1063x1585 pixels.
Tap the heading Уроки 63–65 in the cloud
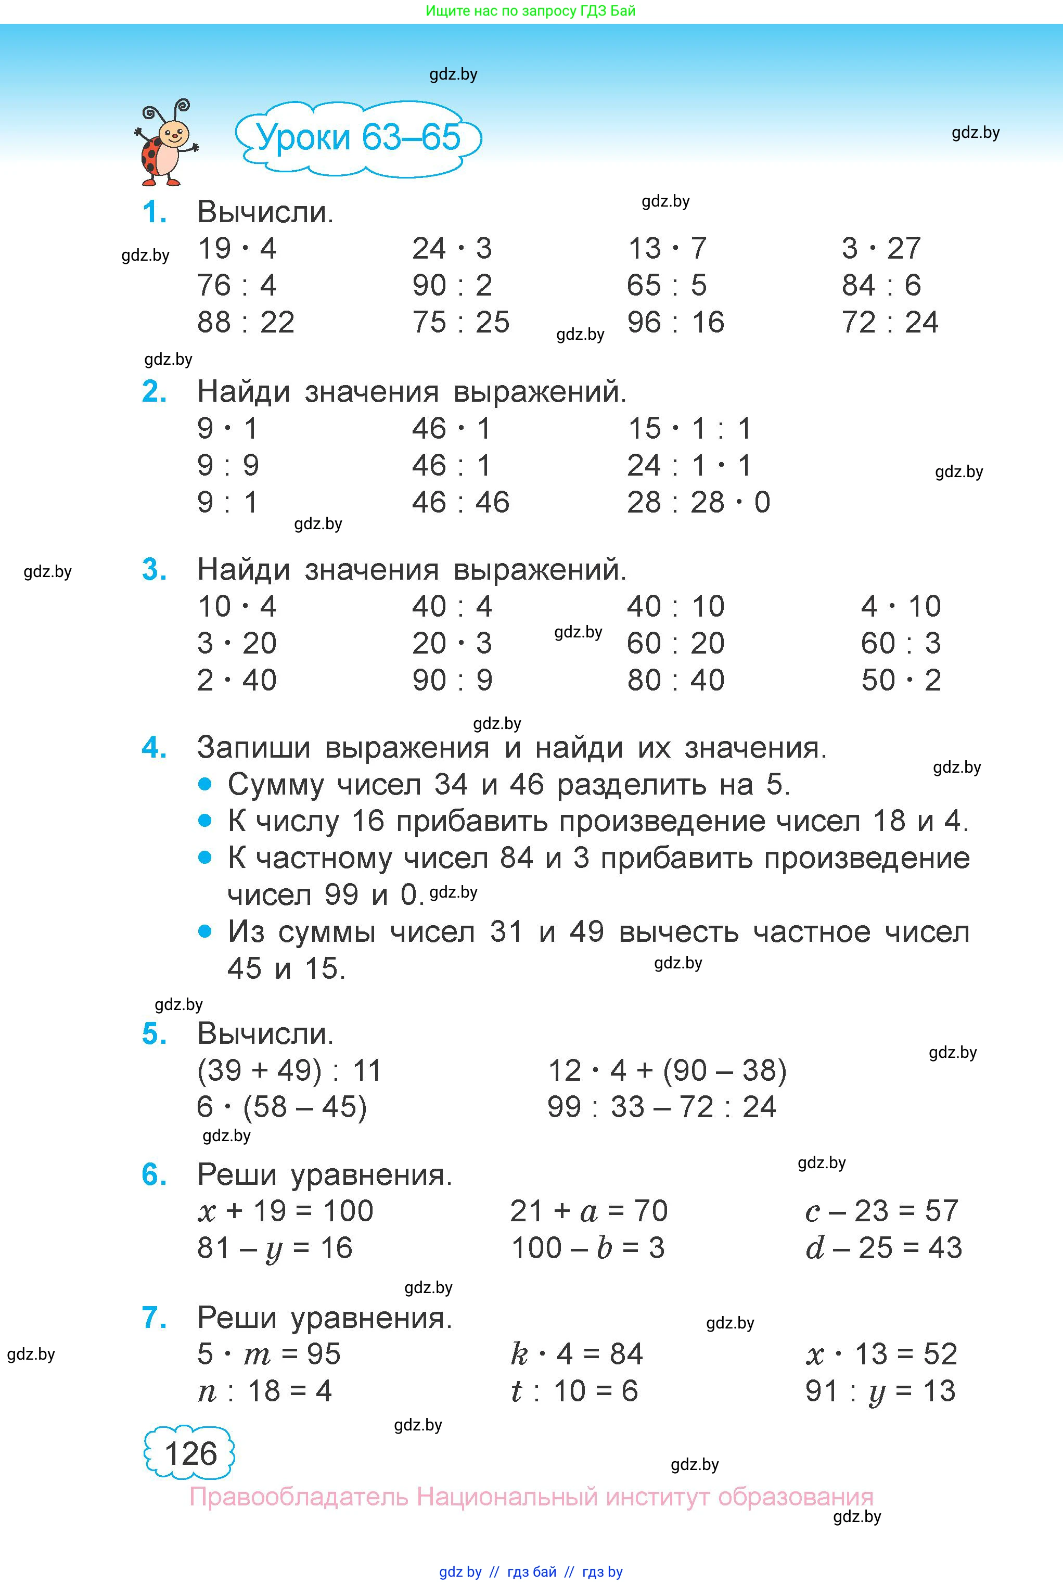point(358,137)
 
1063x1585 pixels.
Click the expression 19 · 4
point(237,249)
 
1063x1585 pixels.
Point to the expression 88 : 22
point(246,323)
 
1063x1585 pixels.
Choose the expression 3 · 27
point(881,249)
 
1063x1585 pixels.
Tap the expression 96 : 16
point(675,323)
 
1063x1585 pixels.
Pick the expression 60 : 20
point(675,643)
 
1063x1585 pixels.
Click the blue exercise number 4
point(154,748)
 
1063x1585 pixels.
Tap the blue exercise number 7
point(154,1318)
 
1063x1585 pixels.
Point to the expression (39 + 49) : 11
point(289,1070)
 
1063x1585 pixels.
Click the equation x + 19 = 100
point(286,1211)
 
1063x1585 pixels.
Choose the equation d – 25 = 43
point(883,1248)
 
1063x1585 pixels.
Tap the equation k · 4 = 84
point(576,1354)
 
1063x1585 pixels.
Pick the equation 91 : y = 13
point(880,1391)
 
